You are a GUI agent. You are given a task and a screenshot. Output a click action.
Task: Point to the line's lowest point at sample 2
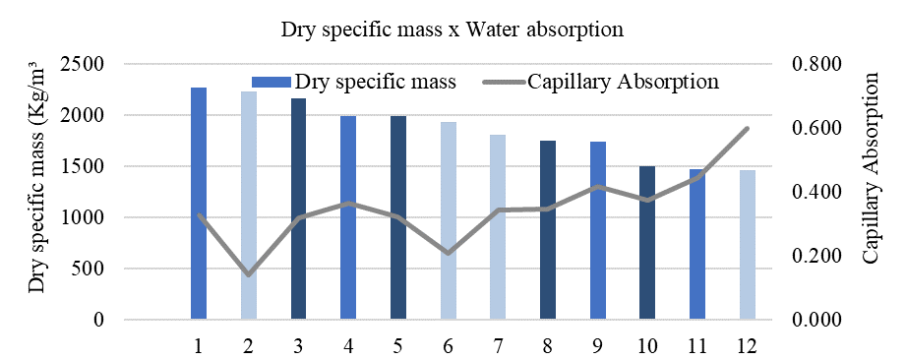[x=248, y=274]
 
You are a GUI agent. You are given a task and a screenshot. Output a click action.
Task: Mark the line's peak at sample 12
[x=747, y=129]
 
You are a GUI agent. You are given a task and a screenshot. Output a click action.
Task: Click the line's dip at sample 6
[x=448, y=253]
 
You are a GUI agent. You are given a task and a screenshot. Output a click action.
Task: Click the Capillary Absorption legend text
[x=623, y=82]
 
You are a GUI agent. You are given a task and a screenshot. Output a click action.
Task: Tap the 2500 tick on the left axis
[x=113, y=65]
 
